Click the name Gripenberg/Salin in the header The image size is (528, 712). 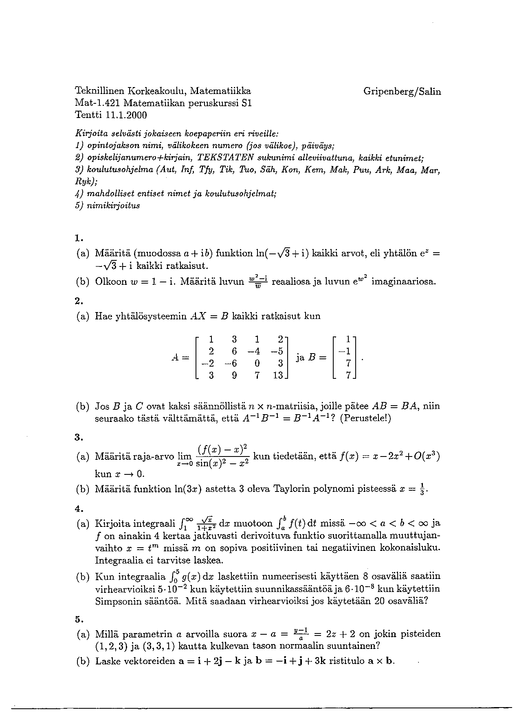click(x=402, y=92)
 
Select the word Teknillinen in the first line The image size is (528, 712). click(x=100, y=91)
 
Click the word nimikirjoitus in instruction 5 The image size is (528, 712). click(x=113, y=205)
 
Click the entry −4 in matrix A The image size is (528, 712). click(x=256, y=350)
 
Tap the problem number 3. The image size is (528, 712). click(x=78, y=438)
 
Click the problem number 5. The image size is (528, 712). click(x=78, y=620)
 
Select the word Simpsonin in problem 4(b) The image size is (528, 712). click(x=117, y=601)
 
